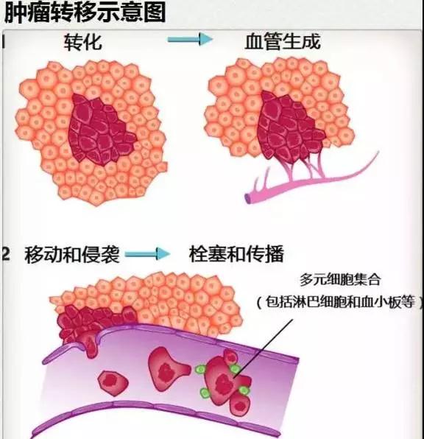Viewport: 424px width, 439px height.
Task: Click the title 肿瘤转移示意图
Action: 85,12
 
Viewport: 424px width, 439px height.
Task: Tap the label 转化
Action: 83,42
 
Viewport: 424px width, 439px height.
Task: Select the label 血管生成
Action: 283,42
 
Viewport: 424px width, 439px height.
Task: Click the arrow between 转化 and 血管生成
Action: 190,40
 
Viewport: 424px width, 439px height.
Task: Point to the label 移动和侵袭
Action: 72,254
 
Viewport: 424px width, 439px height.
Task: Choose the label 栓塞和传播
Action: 236,253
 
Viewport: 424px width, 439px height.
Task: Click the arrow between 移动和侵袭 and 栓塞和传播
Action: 147,254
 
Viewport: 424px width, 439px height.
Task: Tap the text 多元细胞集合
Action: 340,279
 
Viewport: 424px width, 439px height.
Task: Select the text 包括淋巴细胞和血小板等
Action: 340,302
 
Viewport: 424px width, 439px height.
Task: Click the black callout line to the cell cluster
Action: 263,348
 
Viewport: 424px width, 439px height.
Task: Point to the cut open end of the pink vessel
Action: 248,198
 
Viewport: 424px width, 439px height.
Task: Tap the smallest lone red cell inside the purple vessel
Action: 113,383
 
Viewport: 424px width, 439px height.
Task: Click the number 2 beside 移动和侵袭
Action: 6,254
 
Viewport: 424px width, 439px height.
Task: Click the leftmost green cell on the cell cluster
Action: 200,369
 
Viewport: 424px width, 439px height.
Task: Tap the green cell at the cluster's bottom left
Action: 205,393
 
